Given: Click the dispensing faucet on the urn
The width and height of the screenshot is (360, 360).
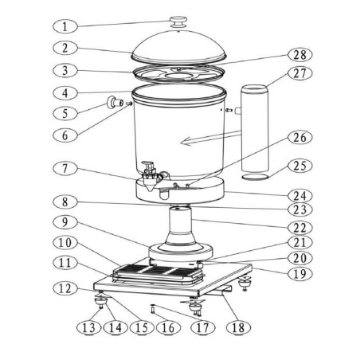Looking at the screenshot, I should [150, 170].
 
